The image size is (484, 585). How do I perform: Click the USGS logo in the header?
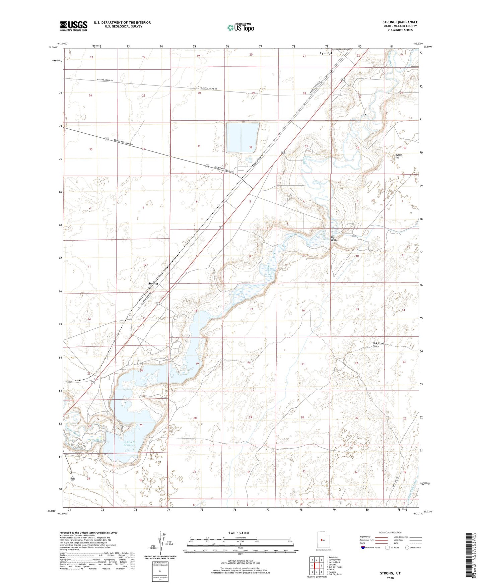click(x=73, y=26)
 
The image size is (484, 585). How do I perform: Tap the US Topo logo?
click(x=240, y=27)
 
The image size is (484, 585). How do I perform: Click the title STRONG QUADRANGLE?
click(x=400, y=22)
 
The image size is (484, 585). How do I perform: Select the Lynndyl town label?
click(x=326, y=53)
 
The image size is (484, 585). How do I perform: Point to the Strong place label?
click(x=153, y=283)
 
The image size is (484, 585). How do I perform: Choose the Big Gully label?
click(x=334, y=239)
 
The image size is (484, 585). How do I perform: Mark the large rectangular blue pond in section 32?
click(x=243, y=137)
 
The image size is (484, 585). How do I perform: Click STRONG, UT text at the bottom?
click(x=390, y=573)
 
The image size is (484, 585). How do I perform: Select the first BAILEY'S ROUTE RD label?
click(x=105, y=80)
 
